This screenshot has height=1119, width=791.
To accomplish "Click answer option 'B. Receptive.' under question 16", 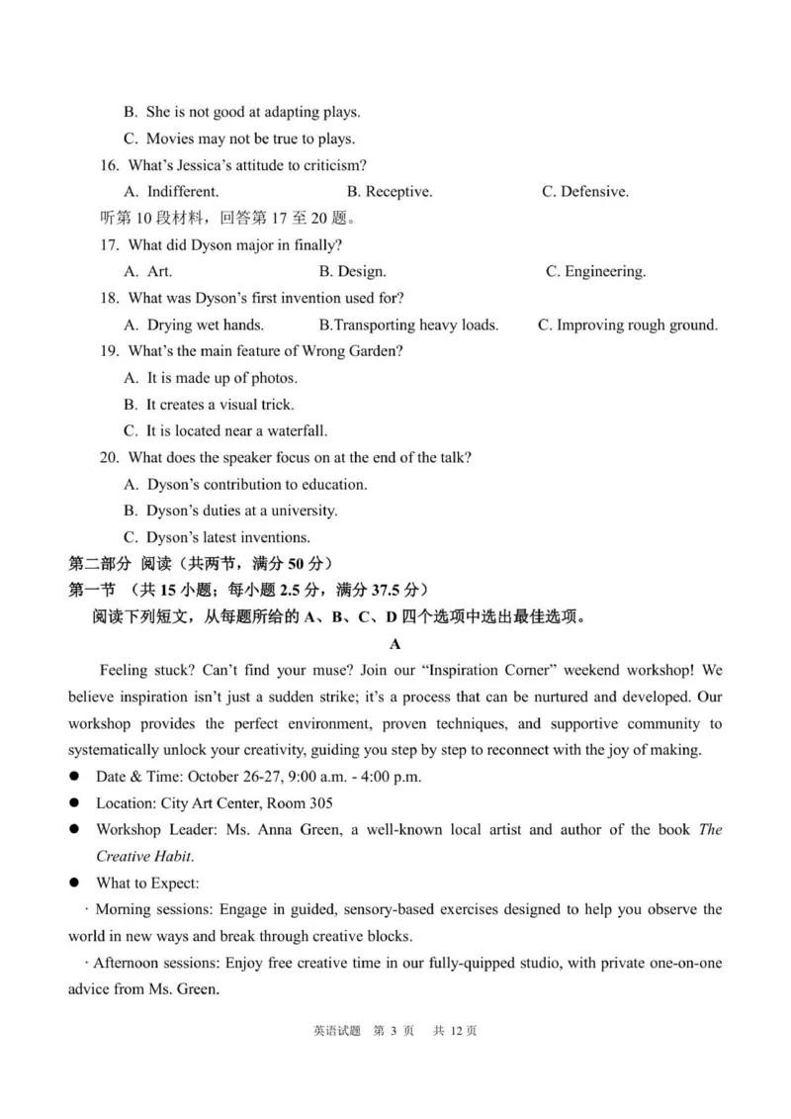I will pos(389,192).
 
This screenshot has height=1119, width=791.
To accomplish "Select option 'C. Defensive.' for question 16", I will pos(584,192).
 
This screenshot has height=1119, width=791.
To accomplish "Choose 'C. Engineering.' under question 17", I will pos(595,271).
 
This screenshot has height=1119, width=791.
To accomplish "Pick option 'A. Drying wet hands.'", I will pos(194,325).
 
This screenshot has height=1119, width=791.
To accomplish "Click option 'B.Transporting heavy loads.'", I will pos(408,325).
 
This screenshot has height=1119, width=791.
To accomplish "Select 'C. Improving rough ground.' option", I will pos(628,325).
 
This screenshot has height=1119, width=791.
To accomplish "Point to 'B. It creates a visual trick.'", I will pos(209,405).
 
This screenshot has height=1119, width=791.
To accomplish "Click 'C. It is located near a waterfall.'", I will pos(225,431).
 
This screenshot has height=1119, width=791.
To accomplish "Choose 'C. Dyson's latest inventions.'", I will pos(217,537).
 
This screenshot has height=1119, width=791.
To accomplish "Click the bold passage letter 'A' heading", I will pos(395,644).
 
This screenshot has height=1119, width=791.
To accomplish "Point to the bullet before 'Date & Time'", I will pos(74,777).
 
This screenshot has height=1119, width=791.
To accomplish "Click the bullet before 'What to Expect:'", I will pos(74,883).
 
